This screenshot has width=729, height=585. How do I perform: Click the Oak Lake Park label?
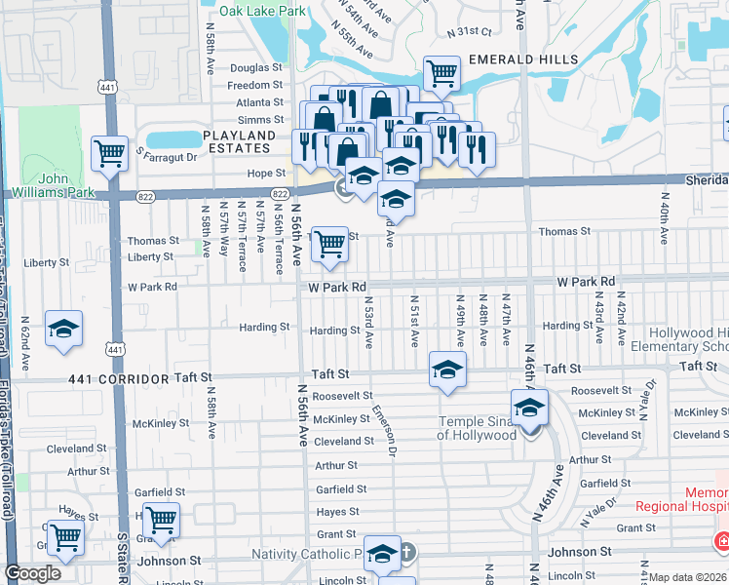coord(263,11)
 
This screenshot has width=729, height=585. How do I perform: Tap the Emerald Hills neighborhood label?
coord(516,59)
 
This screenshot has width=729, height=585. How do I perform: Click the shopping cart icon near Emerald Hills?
coord(441,71)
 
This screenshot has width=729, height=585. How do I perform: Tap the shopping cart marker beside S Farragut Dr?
coord(109,151)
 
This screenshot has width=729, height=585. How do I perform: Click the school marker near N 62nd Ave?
coord(64,329)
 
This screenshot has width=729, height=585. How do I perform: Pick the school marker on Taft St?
coord(447,370)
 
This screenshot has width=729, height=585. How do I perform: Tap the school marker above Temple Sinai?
coord(529,407)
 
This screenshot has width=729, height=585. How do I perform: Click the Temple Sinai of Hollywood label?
coord(477,428)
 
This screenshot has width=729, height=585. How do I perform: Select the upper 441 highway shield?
coord(106,88)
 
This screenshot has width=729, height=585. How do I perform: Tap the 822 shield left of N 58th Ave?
coord(145,196)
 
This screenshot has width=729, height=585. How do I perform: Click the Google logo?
coord(32,573)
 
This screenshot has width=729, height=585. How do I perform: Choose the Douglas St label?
coord(256,68)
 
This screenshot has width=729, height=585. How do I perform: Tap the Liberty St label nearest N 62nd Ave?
coord(46,263)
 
